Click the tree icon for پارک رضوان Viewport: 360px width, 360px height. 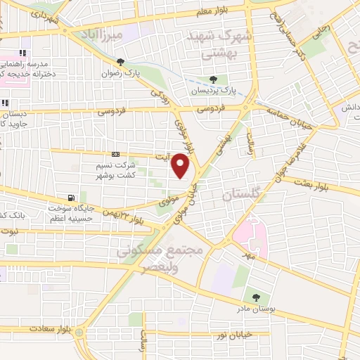coord(121,62)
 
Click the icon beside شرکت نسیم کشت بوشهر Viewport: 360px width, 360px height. coord(116,154)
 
